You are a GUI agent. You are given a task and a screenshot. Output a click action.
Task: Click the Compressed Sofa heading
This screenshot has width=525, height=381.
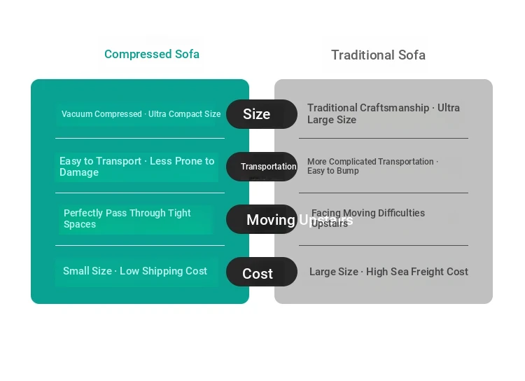(151, 54)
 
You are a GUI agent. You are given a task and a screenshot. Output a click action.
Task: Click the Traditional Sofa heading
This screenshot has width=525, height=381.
(378, 55)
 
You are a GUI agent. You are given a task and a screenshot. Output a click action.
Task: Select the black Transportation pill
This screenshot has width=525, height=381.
(262, 167)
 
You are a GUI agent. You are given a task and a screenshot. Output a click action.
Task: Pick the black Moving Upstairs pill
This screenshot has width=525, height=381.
(262, 220)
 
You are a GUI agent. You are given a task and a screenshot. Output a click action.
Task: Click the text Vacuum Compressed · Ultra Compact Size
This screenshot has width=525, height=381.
(141, 114)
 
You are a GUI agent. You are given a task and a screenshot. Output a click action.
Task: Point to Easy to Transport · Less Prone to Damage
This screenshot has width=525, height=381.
(136, 167)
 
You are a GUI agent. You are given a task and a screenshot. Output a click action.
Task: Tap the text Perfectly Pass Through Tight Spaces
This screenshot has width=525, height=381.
(127, 219)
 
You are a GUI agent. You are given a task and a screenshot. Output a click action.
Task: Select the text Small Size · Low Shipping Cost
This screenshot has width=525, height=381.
(135, 271)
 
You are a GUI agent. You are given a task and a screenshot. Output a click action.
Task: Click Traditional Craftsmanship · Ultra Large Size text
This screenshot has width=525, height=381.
(383, 113)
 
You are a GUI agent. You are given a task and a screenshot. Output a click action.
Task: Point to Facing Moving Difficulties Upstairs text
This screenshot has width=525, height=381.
(368, 218)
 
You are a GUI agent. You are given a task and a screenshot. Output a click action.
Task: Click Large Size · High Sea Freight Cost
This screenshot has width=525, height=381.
(388, 272)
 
